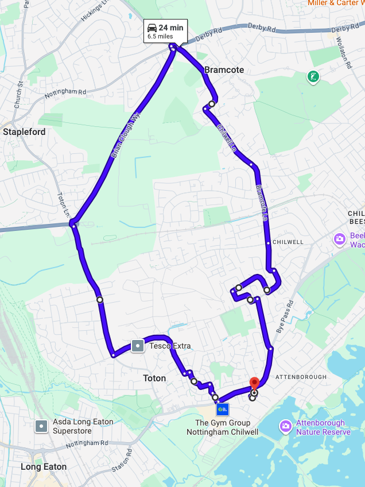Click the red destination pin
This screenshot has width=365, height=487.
point(255,383)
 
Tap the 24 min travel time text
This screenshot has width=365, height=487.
point(171,28)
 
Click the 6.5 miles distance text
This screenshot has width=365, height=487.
point(160,36)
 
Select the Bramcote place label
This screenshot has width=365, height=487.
point(224,70)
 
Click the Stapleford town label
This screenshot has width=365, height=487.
point(24,132)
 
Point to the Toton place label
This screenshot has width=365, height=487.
point(154,378)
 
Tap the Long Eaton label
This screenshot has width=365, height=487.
point(44,467)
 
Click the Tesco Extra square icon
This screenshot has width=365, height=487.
point(138,346)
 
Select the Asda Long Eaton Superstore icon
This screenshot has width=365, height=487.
point(41,426)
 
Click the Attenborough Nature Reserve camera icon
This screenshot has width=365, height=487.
point(285,426)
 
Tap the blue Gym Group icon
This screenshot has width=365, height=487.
point(223,409)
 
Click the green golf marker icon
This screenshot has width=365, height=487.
point(313,76)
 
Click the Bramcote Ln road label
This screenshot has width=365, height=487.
point(262,203)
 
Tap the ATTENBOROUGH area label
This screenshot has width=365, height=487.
point(301,377)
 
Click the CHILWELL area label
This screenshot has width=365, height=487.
point(288,242)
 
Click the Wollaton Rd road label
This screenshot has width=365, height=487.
point(347,52)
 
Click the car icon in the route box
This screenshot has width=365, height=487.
point(152,28)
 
